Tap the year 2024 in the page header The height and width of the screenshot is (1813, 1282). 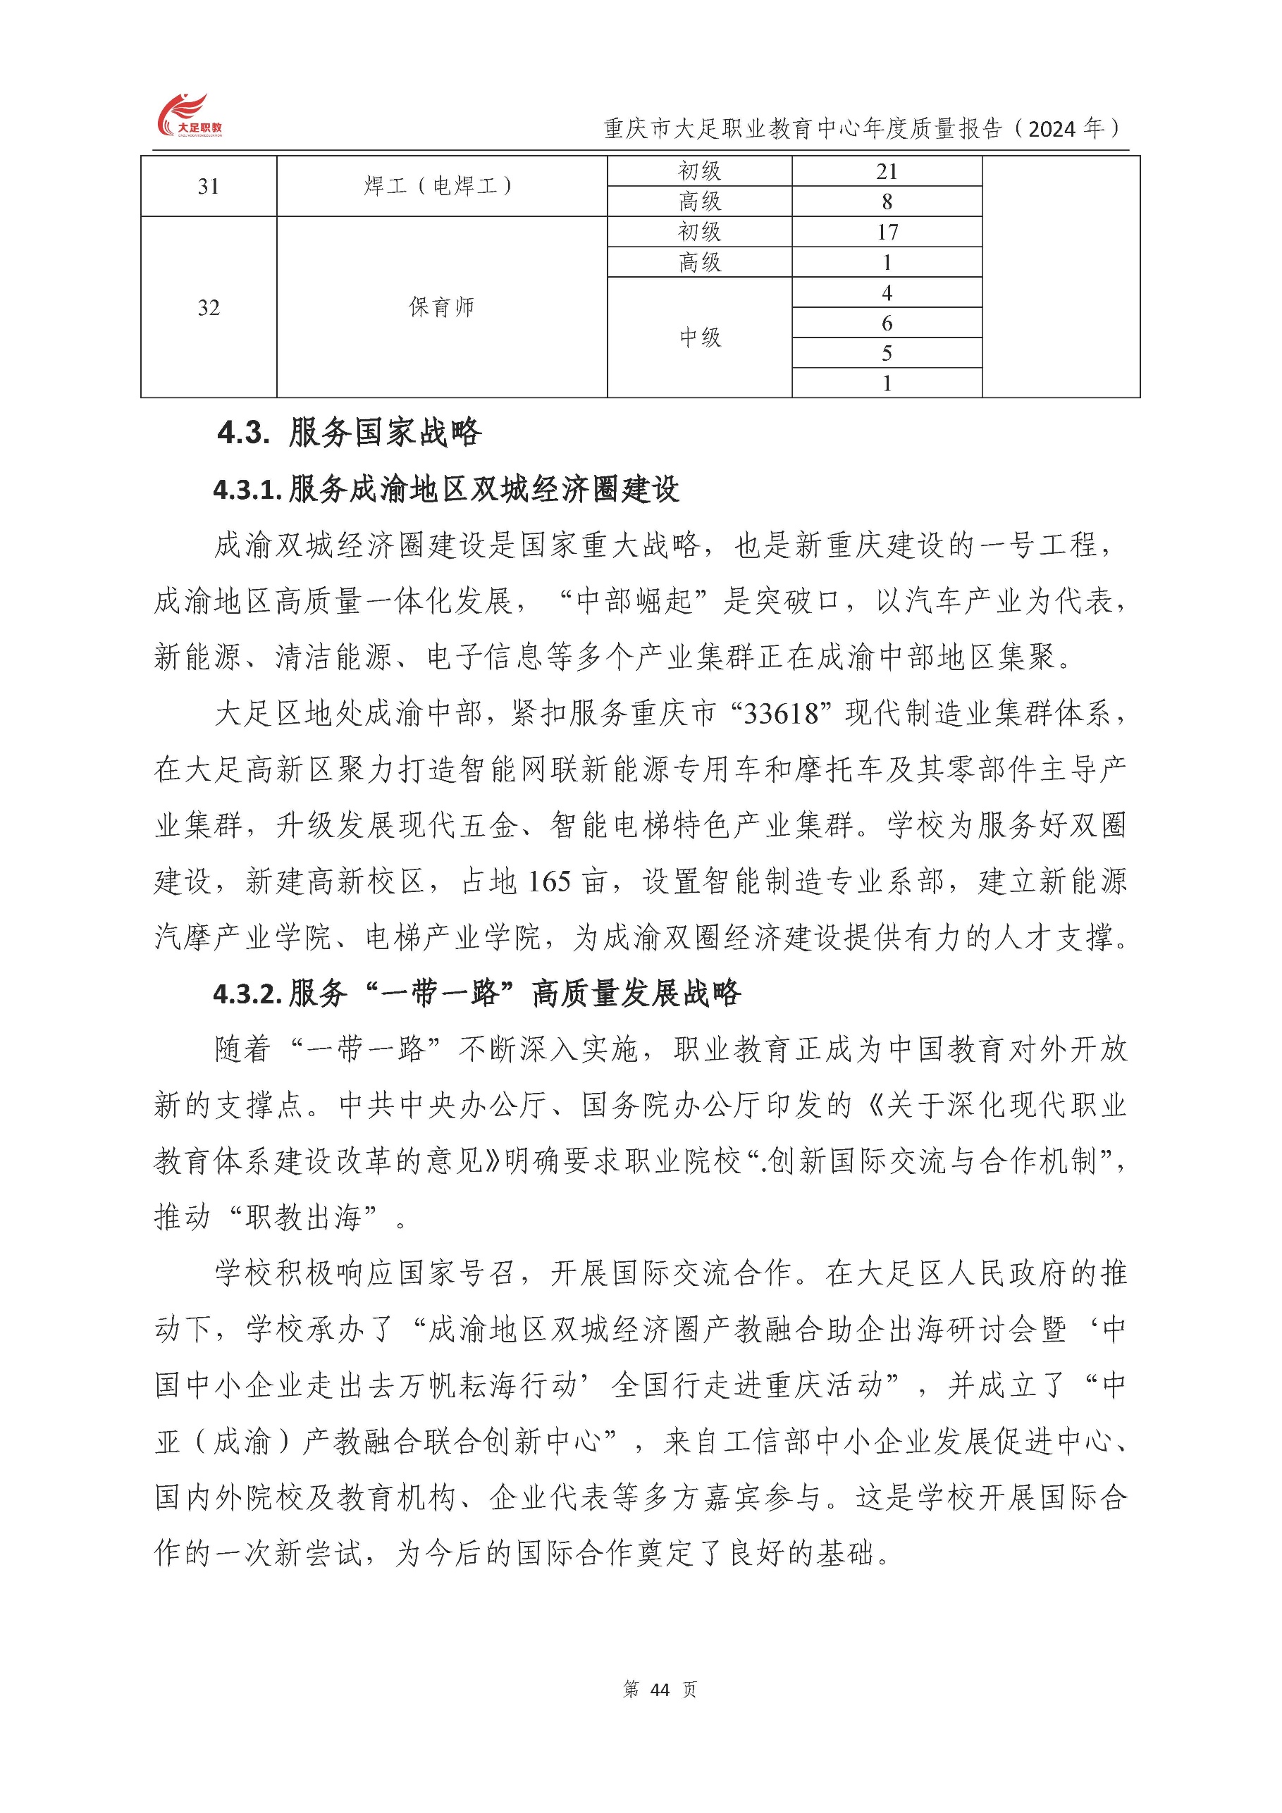[x=1052, y=129]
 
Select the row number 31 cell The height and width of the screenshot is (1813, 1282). [x=209, y=186]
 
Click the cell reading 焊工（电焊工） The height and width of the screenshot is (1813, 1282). [x=440, y=186]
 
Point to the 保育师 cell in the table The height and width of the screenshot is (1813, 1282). [x=440, y=307]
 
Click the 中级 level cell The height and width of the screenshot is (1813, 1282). [x=699, y=338]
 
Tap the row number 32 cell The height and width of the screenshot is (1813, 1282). [x=209, y=307]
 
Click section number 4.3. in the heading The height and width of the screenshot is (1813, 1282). [x=244, y=433]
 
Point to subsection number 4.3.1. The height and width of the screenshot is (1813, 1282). [x=247, y=490]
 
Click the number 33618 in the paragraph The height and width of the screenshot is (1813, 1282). [x=781, y=714]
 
